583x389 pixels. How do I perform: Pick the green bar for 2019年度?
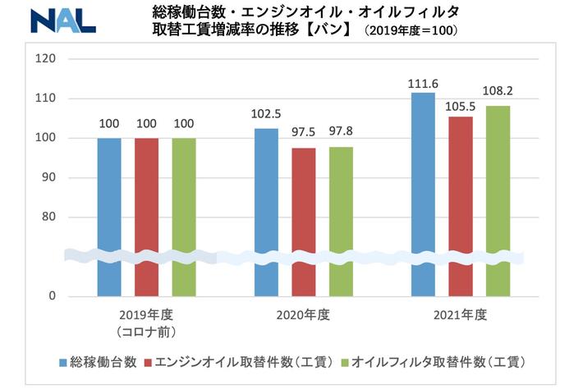(x=184, y=217)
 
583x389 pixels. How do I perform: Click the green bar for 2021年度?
(x=498, y=200)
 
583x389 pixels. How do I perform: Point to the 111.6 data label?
(x=423, y=83)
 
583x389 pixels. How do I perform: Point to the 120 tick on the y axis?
(x=46, y=59)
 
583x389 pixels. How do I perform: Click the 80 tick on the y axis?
(x=49, y=217)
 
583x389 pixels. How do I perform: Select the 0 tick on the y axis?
(x=52, y=296)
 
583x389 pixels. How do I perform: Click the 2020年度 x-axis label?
(x=304, y=314)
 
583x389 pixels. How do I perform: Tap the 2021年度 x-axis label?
(x=461, y=314)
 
